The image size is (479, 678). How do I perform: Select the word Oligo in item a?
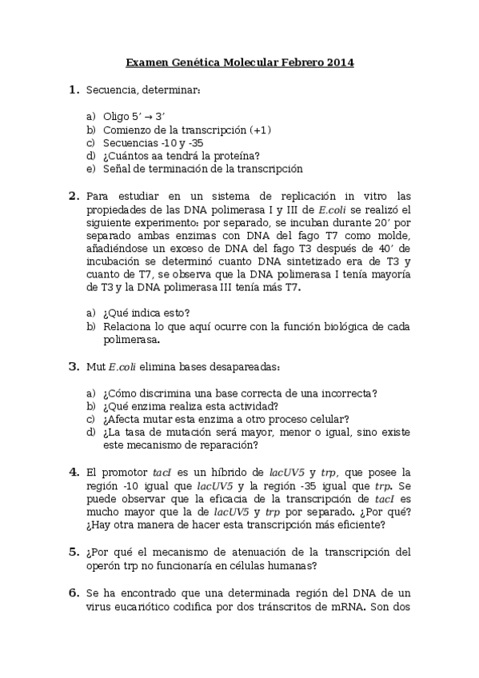click(117, 116)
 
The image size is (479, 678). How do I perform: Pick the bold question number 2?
click(73, 196)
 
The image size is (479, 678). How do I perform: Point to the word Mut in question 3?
click(95, 366)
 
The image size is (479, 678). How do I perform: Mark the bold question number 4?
click(73, 472)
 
